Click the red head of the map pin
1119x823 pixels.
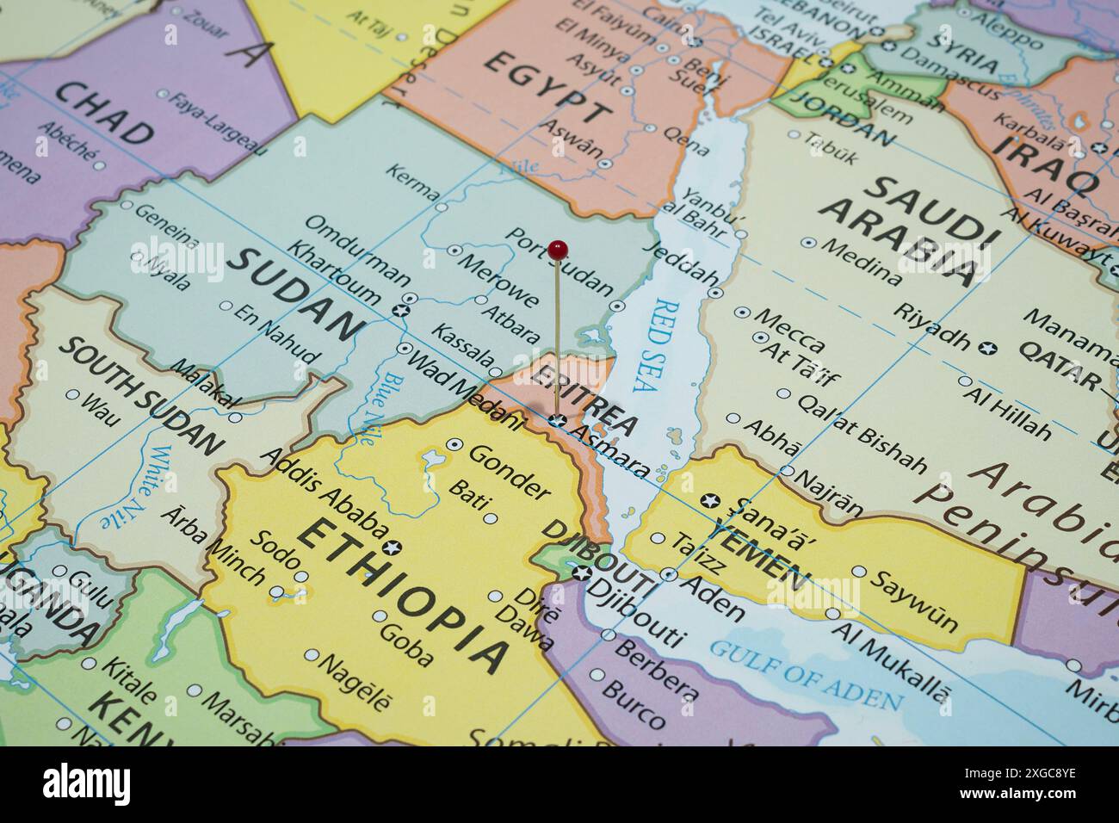click(x=558, y=250)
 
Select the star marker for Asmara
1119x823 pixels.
click(x=557, y=421)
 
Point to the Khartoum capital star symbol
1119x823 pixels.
click(x=399, y=309)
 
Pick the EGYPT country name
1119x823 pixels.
click(x=547, y=87)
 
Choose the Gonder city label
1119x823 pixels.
click(x=509, y=472)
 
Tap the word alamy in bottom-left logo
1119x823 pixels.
click(x=87, y=783)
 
